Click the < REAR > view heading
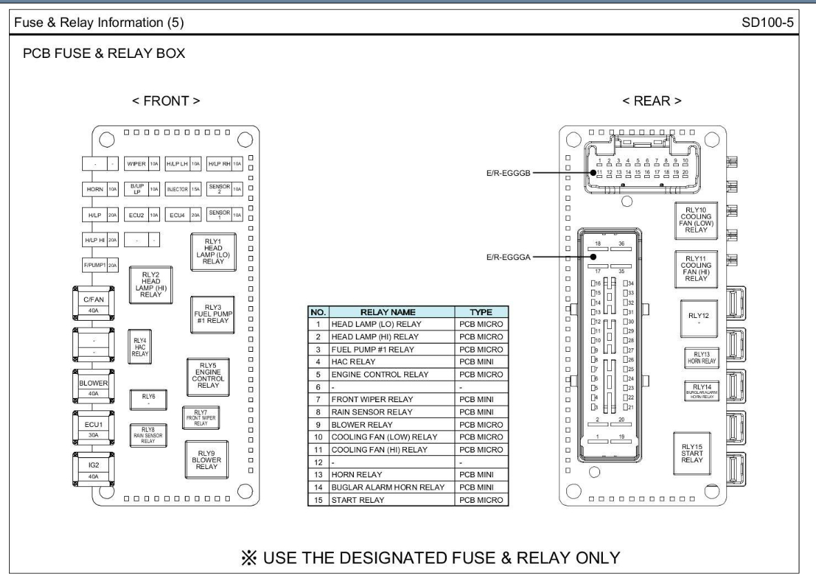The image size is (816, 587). pos(652,101)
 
